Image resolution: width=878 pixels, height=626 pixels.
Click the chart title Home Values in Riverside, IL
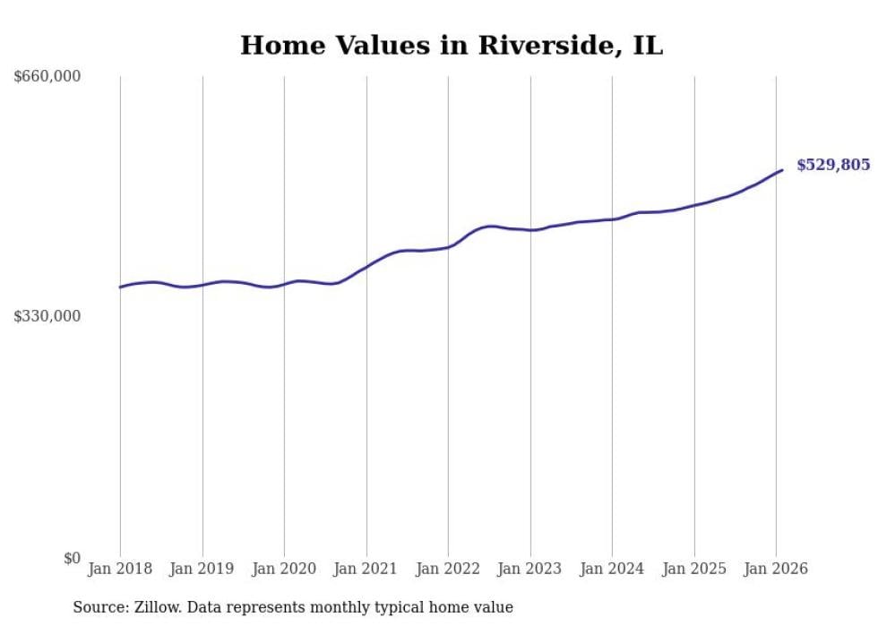pyautogui.click(x=452, y=46)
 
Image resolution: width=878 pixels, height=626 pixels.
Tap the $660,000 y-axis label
pyautogui.click(x=47, y=77)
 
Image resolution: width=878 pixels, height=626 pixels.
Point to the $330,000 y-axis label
pyautogui.click(x=47, y=316)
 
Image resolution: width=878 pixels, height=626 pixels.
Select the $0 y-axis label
pyautogui.click(x=72, y=558)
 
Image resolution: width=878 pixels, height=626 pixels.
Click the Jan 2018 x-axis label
pyautogui.click(x=120, y=569)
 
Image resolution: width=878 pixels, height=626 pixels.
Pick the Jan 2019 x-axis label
pyautogui.click(x=202, y=569)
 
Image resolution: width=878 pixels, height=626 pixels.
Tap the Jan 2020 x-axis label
pyautogui.click(x=284, y=569)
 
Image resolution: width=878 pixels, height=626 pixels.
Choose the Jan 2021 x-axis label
pyautogui.click(x=366, y=569)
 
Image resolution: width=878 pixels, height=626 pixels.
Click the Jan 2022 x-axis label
pyautogui.click(x=448, y=569)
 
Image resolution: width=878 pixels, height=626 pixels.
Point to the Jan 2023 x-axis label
pyautogui.click(x=529, y=569)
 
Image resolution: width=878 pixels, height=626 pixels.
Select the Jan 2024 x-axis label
pyautogui.click(x=612, y=569)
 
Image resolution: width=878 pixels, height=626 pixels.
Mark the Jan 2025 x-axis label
pyautogui.click(x=693, y=569)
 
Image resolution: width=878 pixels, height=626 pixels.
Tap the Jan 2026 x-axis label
pyautogui.click(x=776, y=569)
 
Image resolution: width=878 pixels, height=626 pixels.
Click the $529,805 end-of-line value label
pyautogui.click(x=833, y=165)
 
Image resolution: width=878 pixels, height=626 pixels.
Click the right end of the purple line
pyautogui.click(x=782, y=170)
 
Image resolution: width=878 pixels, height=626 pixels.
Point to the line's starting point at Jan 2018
pyautogui.click(x=120, y=287)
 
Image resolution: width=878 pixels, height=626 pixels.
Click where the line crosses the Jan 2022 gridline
pyautogui.click(x=448, y=246)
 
